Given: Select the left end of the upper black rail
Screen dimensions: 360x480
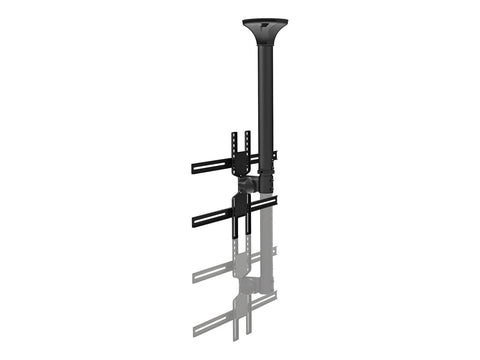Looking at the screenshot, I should point(194,168).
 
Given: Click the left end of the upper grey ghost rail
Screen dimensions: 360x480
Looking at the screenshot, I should point(194,274).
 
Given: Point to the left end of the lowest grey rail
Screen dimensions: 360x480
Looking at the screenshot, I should point(194,329).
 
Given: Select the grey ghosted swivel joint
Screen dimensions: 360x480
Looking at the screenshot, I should point(249,290).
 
